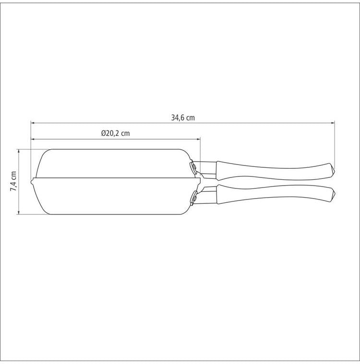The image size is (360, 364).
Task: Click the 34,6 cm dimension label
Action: pyautogui.click(x=183, y=117)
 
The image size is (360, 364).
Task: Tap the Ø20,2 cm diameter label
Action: pyautogui.click(x=116, y=133)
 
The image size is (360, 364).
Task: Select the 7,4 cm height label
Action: pyautogui.click(x=13, y=181)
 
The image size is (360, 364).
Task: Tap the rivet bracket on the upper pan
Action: pyautogui.click(x=193, y=167)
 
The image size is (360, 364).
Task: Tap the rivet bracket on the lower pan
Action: pyautogui.click(x=193, y=198)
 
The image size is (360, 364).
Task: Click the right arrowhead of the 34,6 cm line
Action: pyautogui.click(x=333, y=123)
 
